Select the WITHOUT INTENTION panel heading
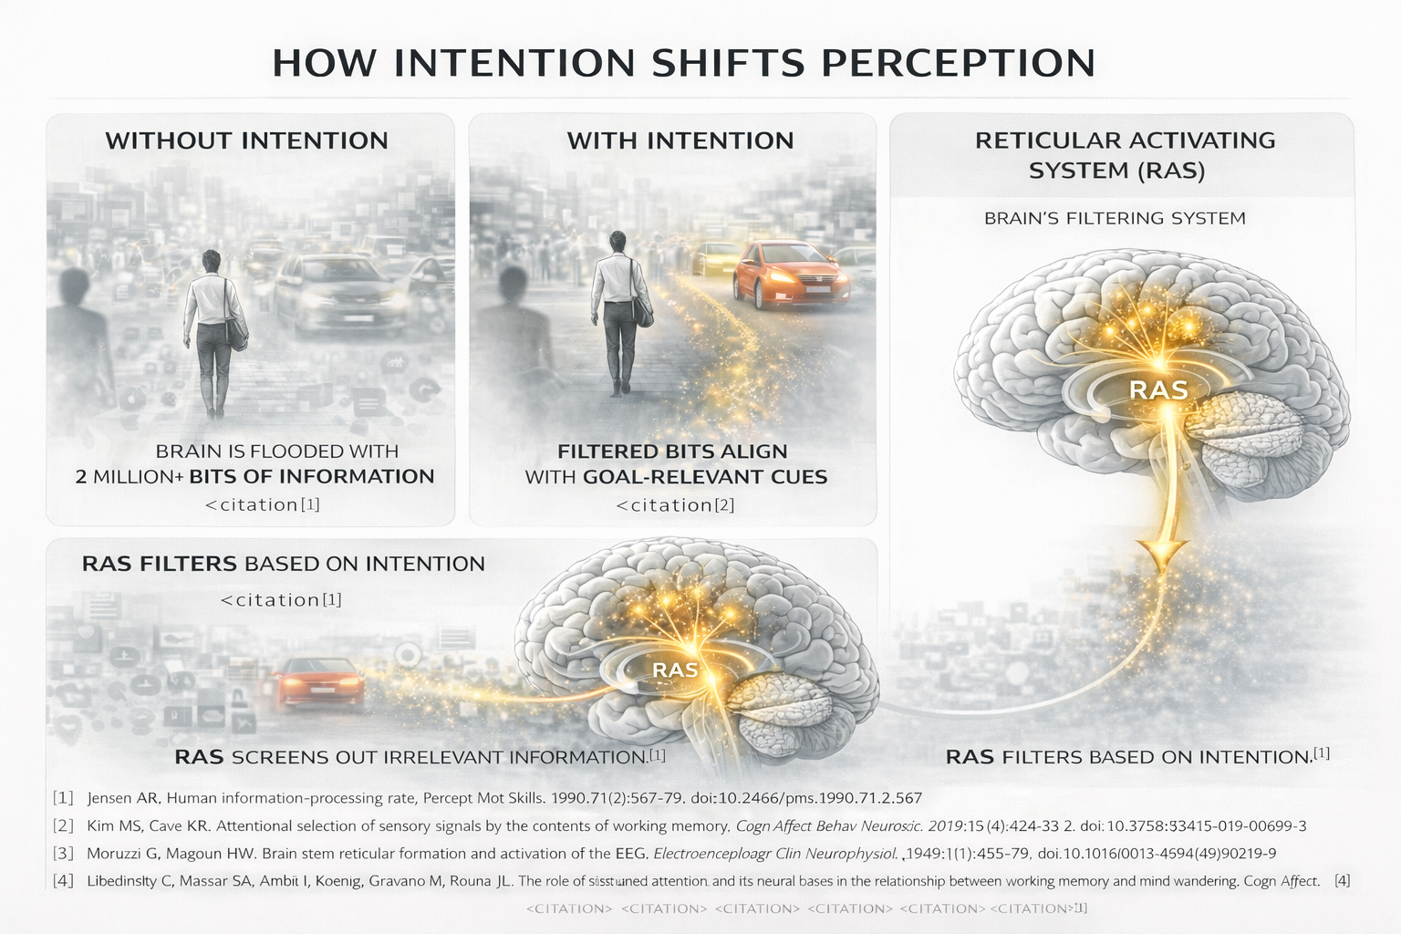pos(246,140)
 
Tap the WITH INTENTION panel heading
pos(680,140)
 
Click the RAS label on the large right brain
pos(1158,390)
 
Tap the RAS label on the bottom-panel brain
pos(675,670)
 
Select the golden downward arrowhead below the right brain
pos(1160,554)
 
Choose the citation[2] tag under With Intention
pos(676,504)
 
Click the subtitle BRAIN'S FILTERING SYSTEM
pos(1115,218)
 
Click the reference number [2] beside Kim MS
pos(63,826)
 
